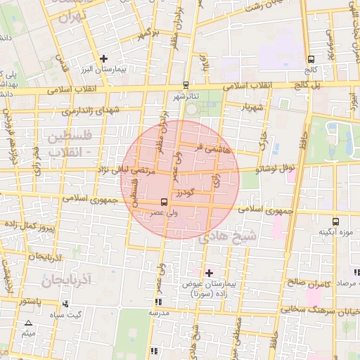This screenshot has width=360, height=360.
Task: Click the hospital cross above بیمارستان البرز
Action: (x=104, y=58)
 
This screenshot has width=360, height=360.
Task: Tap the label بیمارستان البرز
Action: (x=105, y=71)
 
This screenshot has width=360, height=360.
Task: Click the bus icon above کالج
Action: (x=311, y=59)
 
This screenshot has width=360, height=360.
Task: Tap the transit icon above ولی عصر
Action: (x=164, y=202)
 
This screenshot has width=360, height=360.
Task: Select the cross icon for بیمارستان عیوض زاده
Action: (x=208, y=272)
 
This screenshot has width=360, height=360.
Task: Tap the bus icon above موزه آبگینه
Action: (x=335, y=221)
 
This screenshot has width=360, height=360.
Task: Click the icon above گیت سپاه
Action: (x=65, y=304)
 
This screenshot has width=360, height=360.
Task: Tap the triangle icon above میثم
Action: (x=28, y=323)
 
